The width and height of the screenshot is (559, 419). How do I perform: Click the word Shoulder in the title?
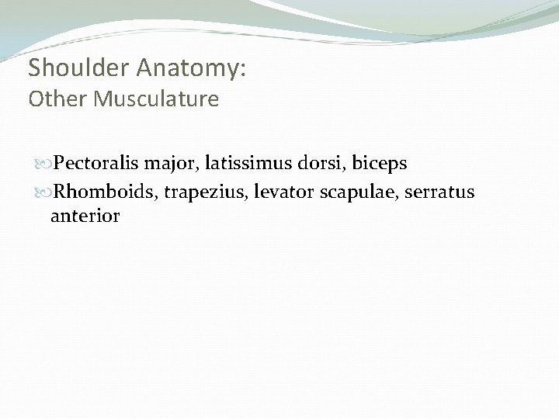80,68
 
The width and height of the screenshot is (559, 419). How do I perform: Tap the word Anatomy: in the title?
192,68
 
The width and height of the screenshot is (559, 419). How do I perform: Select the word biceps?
380,164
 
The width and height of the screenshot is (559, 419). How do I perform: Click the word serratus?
441,192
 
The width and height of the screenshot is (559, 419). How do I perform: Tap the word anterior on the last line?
85,216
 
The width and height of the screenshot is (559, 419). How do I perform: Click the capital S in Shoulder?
35,68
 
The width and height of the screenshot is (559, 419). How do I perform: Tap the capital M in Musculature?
101,99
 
